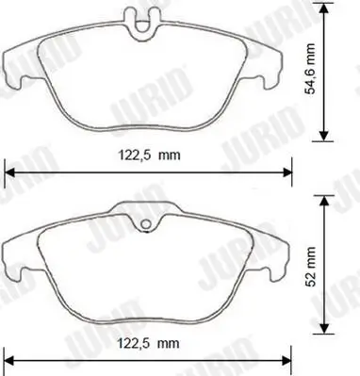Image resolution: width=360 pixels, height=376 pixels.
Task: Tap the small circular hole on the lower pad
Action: [145, 224]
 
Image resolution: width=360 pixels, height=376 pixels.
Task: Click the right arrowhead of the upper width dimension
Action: [289, 172]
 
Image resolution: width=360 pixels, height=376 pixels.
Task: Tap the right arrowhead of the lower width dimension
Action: [289, 358]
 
